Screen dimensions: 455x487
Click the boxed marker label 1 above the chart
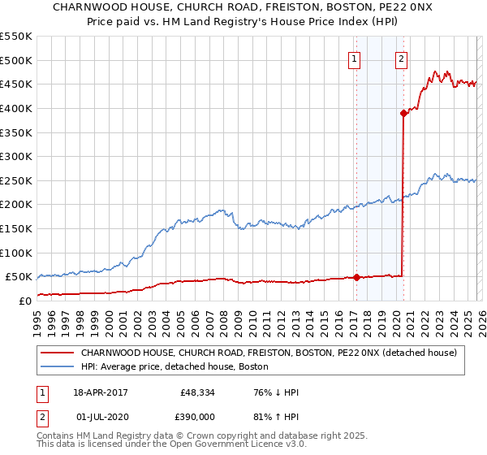(356, 58)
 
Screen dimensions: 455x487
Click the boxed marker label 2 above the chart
(402, 58)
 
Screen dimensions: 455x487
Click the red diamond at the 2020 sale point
(403, 113)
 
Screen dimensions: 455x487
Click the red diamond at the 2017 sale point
(356, 277)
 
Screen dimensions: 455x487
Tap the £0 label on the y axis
(25, 301)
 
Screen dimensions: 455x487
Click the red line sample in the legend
(58, 353)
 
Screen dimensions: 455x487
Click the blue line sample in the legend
(58, 366)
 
